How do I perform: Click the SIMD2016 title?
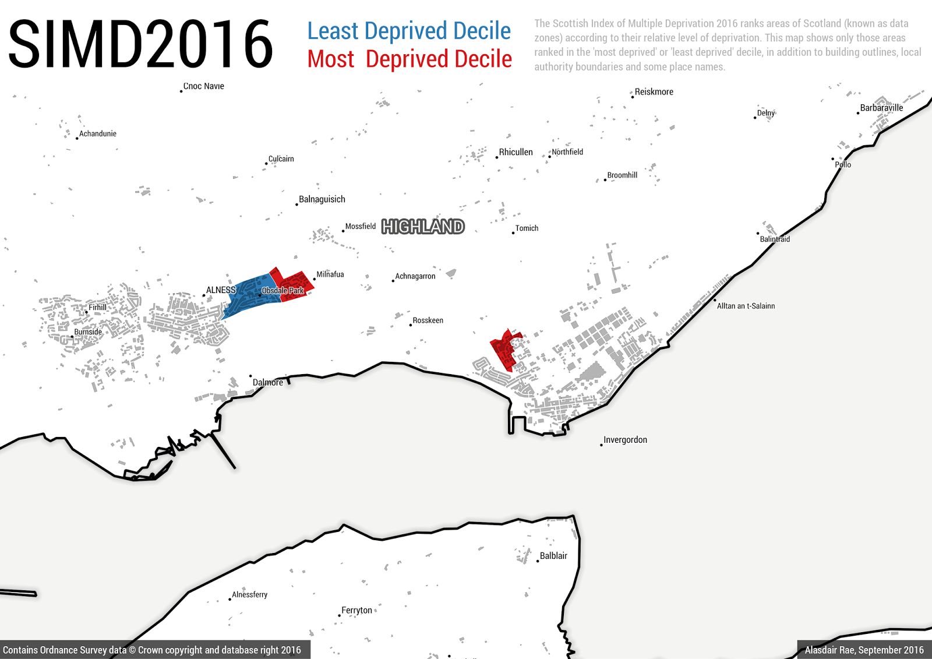tap(140, 44)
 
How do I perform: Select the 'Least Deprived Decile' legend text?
tap(409, 31)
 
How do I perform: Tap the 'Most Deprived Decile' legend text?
tap(409, 59)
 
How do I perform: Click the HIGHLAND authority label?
tap(423, 227)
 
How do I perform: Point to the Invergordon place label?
tap(625, 440)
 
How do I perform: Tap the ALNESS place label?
tap(221, 290)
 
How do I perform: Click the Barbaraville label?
tap(881, 108)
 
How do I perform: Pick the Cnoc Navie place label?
tap(203, 86)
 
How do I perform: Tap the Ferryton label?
tap(356, 610)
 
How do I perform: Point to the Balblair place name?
tap(553, 556)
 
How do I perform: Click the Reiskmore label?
tap(654, 92)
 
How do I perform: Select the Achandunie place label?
tap(98, 134)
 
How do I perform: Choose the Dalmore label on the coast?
tap(268, 382)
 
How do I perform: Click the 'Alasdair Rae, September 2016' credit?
tap(864, 650)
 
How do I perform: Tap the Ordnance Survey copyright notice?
tap(152, 650)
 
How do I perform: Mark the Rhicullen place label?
tap(516, 152)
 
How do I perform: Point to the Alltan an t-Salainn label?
tap(746, 306)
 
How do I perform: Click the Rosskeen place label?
tap(428, 320)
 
